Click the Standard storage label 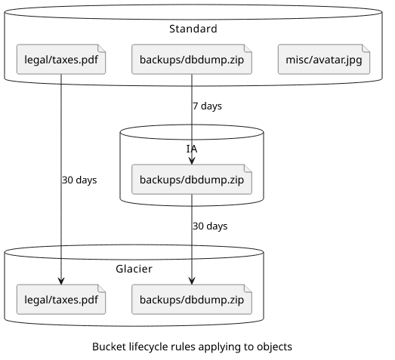coord(193,29)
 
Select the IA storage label coord(192,149)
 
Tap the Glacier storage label coord(134,269)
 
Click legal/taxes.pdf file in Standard coord(61,60)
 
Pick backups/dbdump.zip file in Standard coord(192,60)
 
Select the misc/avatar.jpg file coord(324,60)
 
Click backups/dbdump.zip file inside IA coord(192,180)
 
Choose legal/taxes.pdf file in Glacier coord(61,300)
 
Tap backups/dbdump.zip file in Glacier coord(192,300)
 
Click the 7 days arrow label coord(208,106)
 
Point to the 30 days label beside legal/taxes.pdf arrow coord(79,180)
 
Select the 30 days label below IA coord(210,226)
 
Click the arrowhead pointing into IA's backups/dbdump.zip coord(192,161)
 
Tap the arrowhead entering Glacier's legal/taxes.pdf coord(61,282)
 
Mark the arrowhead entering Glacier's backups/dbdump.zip coord(192,282)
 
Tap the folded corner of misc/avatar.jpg coord(366,48)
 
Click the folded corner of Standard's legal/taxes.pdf coord(102,48)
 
